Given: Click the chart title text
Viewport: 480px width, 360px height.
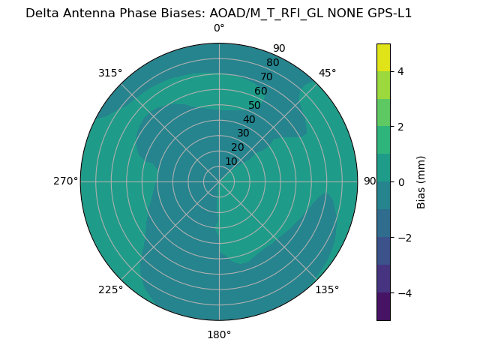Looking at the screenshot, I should point(218,13).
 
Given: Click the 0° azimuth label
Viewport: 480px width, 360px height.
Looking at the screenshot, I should point(219,28).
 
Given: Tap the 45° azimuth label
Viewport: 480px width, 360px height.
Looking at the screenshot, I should point(327,73).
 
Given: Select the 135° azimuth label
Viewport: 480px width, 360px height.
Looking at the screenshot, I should point(327,289).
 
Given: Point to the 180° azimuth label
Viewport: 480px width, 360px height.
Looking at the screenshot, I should point(219,334).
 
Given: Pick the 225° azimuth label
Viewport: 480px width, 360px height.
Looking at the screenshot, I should point(110,289).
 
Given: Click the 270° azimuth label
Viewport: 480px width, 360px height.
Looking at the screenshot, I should point(65,181).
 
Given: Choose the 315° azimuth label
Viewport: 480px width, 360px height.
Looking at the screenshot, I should point(110,73).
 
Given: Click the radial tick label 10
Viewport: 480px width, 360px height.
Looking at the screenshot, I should point(231,161).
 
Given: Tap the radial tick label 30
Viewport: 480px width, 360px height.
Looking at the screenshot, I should point(243,133).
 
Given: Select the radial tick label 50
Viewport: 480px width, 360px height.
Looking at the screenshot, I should point(255,106).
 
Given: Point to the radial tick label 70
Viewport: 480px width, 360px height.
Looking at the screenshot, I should point(266,76).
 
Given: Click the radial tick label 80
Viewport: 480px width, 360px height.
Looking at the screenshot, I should point(272,63).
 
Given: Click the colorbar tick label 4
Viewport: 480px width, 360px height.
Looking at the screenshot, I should point(400,71).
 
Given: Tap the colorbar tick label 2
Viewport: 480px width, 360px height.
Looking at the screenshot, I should point(400,127).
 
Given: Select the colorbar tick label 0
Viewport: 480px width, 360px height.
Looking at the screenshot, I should point(400,182).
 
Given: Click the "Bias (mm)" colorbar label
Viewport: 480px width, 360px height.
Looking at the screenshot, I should point(421,182).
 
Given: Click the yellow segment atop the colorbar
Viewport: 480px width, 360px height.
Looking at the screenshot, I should point(383,57).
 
